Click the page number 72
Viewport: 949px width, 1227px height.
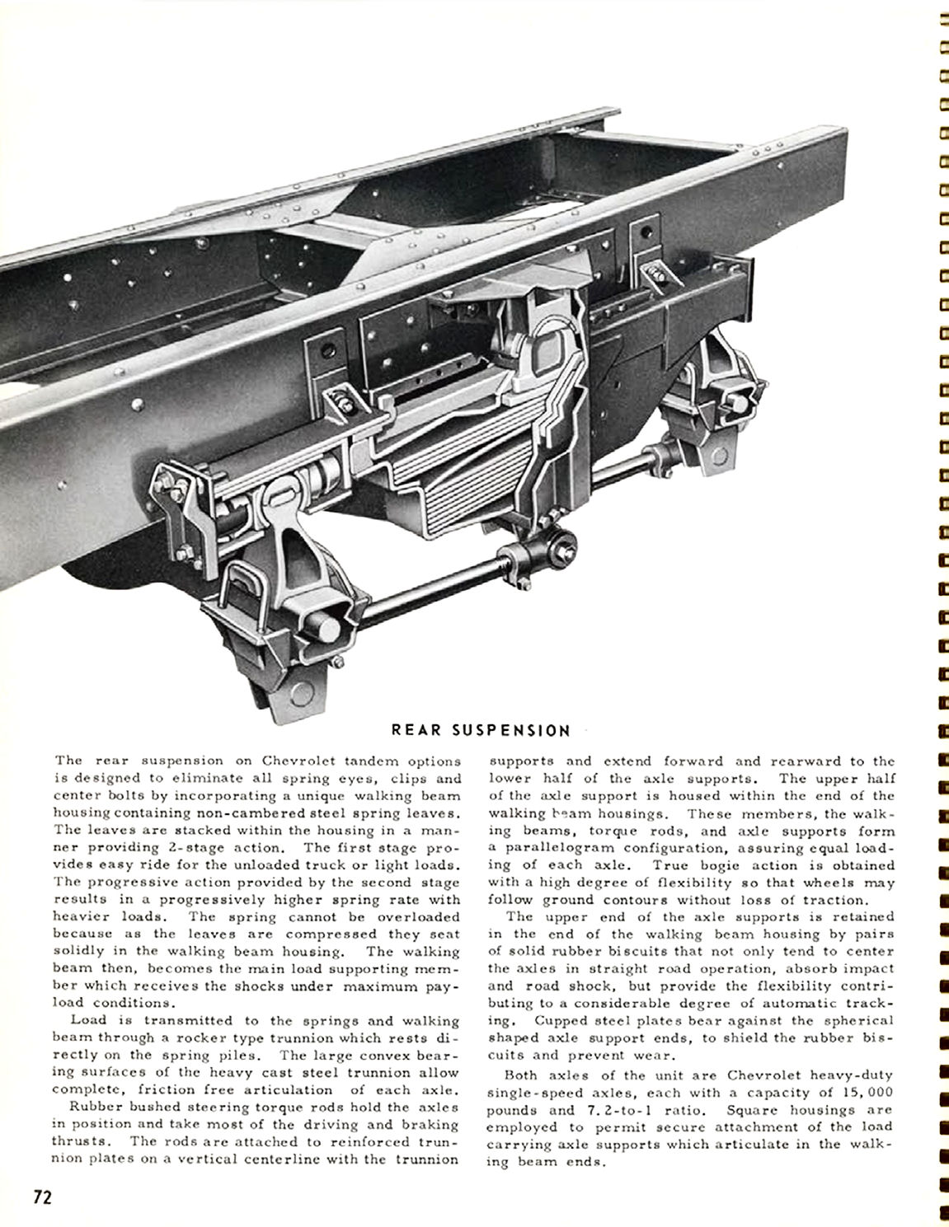(42, 1197)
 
